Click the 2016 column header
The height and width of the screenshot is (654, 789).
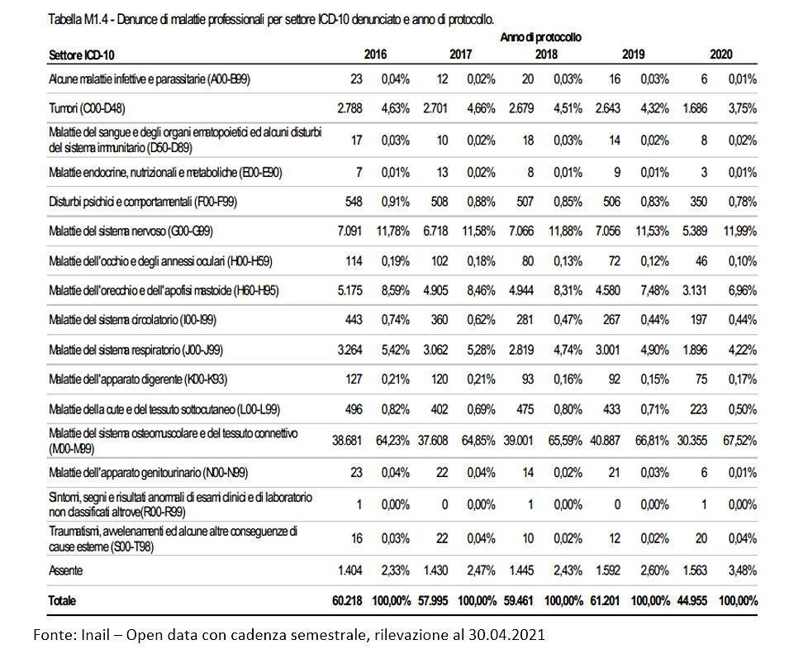tap(375, 55)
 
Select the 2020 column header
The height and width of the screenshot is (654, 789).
tap(721, 55)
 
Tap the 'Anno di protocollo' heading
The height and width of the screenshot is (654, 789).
tap(540, 37)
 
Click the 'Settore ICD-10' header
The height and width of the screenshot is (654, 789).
tap(82, 55)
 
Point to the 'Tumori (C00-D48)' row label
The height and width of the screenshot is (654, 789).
tap(87, 108)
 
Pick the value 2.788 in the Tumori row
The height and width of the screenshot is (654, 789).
tap(349, 108)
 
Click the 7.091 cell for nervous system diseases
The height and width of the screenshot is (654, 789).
tap(349, 231)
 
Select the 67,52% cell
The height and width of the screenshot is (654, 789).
tap(740, 441)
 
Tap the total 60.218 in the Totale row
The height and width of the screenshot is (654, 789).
tap(347, 600)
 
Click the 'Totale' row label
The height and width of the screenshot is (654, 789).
tap(63, 600)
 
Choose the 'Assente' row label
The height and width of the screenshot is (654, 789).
tap(66, 571)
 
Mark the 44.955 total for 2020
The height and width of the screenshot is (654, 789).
tap(692, 600)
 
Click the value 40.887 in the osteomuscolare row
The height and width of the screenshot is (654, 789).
tap(606, 441)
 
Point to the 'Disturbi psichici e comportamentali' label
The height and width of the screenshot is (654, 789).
tap(143, 202)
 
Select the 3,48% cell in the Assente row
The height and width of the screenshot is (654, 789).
tap(743, 571)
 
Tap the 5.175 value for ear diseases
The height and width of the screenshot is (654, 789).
tap(349, 290)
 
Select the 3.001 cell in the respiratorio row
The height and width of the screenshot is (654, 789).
tap(608, 350)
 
